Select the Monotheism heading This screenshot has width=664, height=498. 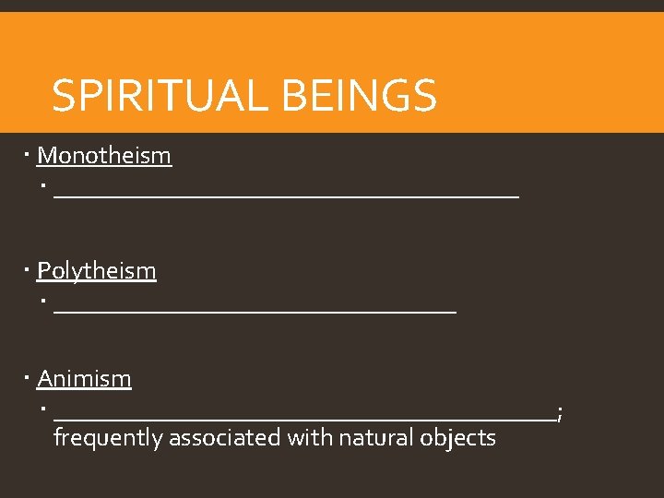coord(104,155)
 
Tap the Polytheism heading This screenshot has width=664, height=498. coord(97,270)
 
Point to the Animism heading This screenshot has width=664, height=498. coord(84,378)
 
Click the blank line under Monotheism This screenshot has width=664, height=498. coord(286,196)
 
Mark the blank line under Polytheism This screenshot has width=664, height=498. coord(255,312)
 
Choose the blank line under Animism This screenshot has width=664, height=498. coord(304,420)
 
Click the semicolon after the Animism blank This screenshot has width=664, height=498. coord(560,416)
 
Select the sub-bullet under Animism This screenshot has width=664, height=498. coord(43,409)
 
